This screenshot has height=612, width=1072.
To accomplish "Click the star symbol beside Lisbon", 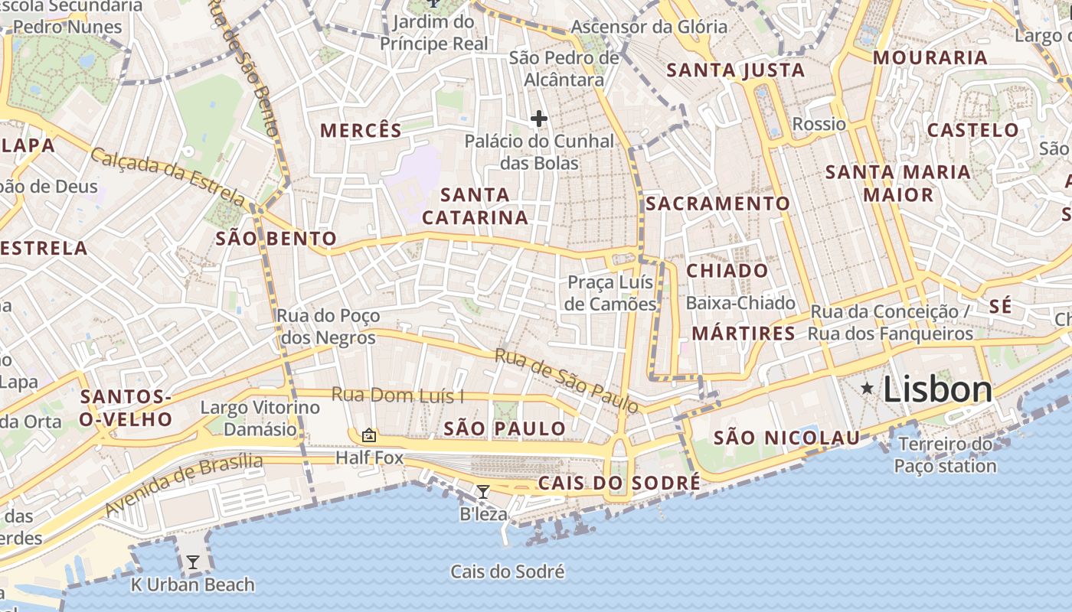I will pyautogui.click(x=867, y=389).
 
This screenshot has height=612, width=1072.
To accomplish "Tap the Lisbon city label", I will pyautogui.click(x=938, y=389).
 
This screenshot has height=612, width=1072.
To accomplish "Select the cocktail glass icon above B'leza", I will pyautogui.click(x=482, y=491).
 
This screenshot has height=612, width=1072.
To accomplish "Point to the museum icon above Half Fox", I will pyautogui.click(x=369, y=435).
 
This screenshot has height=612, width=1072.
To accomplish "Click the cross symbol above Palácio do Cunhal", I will pyautogui.click(x=539, y=119).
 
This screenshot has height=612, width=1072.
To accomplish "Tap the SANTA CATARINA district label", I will pyautogui.click(x=475, y=206).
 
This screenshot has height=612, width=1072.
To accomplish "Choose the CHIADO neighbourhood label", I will pyautogui.click(x=727, y=271).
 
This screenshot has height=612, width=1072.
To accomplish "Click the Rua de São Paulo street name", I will pyautogui.click(x=566, y=380).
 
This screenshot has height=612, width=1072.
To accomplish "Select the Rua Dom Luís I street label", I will pyautogui.click(x=397, y=396).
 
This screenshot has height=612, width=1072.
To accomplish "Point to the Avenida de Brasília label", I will pyautogui.click(x=184, y=483).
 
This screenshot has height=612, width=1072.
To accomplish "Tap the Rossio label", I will pyautogui.click(x=819, y=124).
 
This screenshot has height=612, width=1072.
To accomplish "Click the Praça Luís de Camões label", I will pyautogui.click(x=611, y=293).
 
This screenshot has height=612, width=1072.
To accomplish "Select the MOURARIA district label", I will pyautogui.click(x=930, y=57).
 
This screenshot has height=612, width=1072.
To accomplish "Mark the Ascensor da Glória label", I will pyautogui.click(x=649, y=27).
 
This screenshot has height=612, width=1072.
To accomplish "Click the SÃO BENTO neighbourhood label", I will pyautogui.click(x=276, y=239).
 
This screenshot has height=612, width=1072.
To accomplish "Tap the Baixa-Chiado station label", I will pyautogui.click(x=740, y=303).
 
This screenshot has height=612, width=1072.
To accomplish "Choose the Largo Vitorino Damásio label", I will pyautogui.click(x=260, y=418).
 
